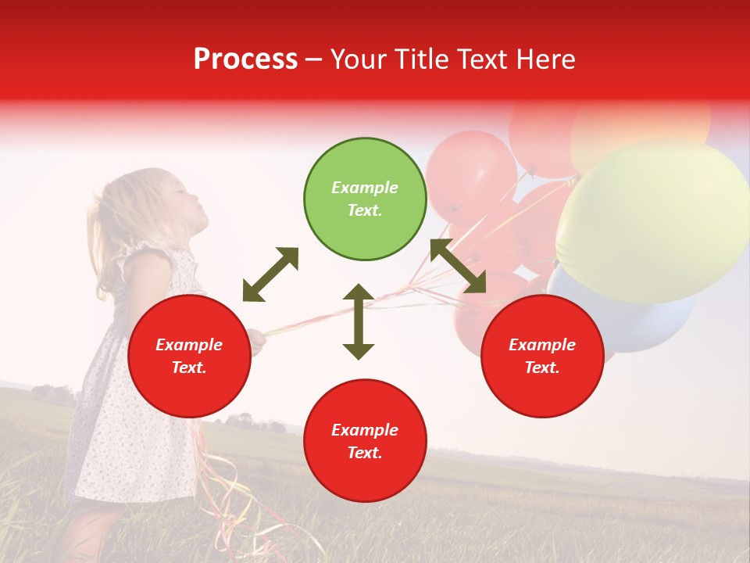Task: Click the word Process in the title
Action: coord(245,59)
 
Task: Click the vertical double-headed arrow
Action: coord(359,321)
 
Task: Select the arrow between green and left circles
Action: coord(270,274)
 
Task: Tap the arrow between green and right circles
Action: coord(458,267)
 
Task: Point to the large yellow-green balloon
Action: coord(652,219)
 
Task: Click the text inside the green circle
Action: coord(365,199)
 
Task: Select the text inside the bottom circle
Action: coord(365,441)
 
